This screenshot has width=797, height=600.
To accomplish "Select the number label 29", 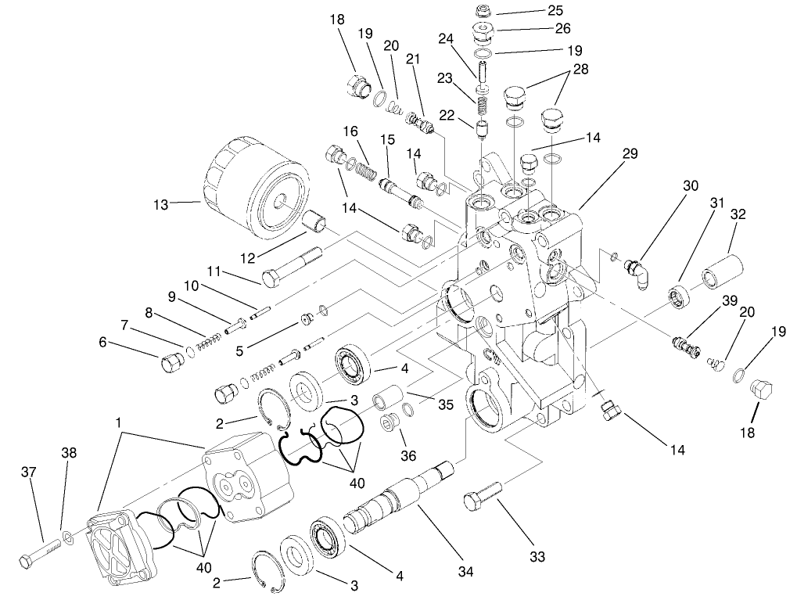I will [x=630, y=154].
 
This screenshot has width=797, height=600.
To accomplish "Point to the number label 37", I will [x=28, y=472].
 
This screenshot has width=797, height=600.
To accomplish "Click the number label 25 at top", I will [x=555, y=12].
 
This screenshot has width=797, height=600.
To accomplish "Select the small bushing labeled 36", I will [x=390, y=429].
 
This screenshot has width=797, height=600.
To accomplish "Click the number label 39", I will [x=729, y=301].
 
